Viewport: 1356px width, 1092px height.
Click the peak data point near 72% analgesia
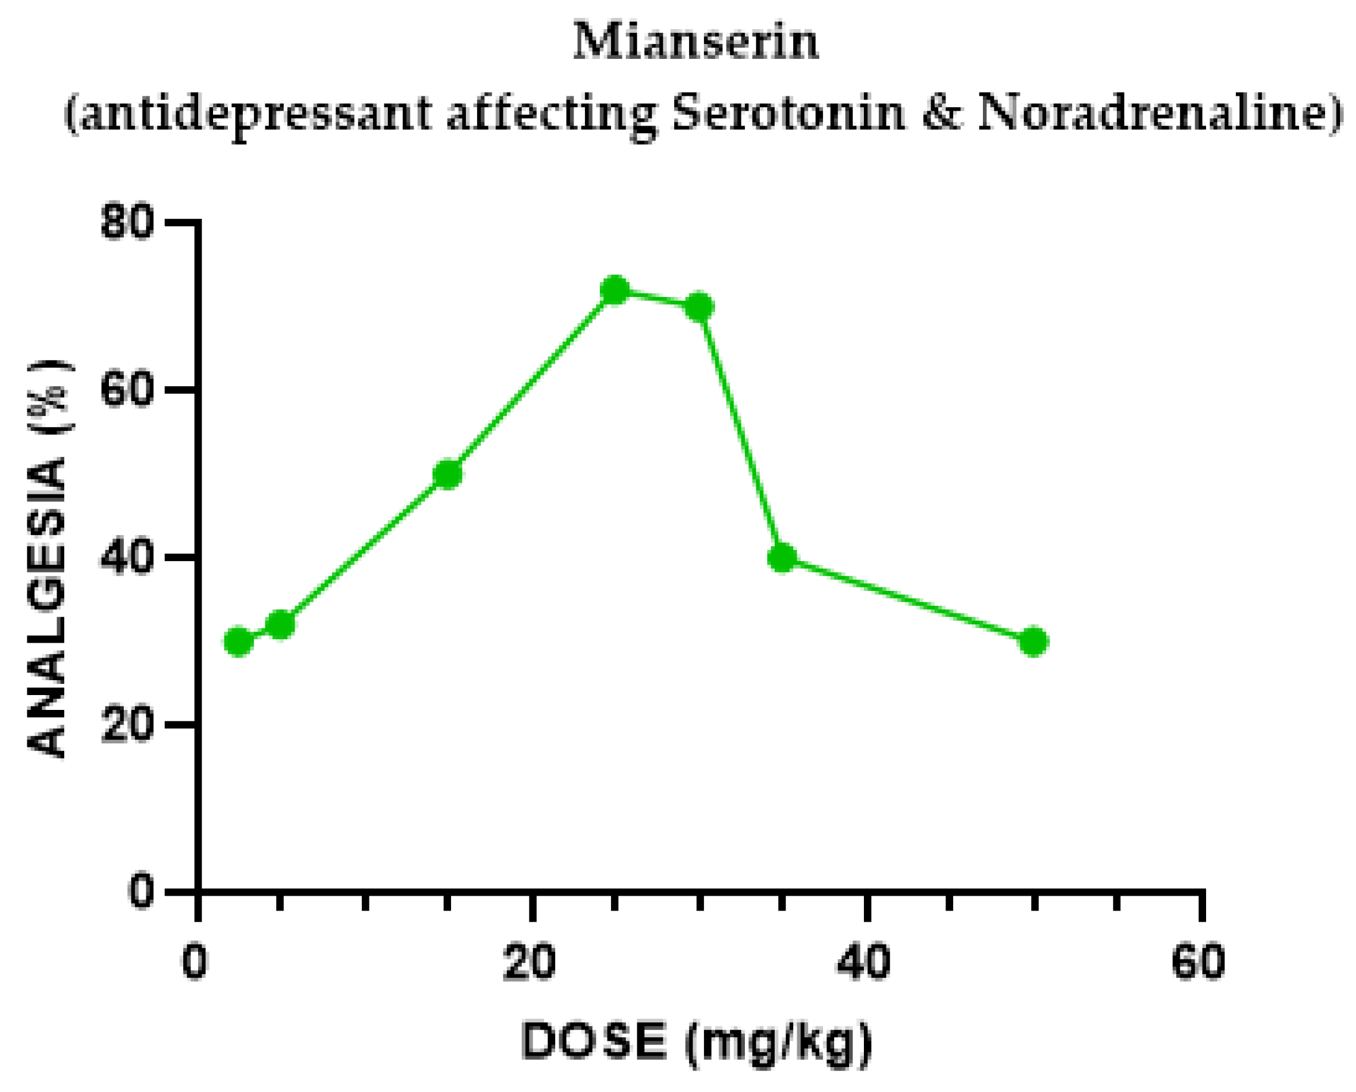click(x=615, y=290)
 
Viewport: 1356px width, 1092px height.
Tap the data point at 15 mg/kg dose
click(x=448, y=474)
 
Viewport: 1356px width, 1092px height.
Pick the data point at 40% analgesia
click(x=782, y=558)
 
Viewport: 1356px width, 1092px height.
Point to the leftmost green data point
click(x=239, y=642)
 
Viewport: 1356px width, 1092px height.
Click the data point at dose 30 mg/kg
click(x=699, y=307)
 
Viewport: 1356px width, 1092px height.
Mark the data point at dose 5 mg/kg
click(x=280, y=625)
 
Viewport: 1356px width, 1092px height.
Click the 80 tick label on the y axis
click(x=127, y=223)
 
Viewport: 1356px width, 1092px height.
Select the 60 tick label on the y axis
click(x=127, y=390)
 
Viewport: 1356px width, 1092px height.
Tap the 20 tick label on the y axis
click(x=127, y=725)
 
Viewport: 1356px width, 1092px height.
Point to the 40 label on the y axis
click(x=127, y=558)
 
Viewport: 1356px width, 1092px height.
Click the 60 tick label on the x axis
click(x=1199, y=962)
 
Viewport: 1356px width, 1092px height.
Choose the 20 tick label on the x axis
click(x=530, y=962)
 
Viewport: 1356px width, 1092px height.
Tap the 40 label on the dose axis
click(x=865, y=962)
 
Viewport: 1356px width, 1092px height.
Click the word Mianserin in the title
click(x=696, y=43)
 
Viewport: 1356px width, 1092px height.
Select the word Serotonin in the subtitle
click(x=789, y=114)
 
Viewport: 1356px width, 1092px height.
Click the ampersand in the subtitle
click(x=942, y=114)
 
